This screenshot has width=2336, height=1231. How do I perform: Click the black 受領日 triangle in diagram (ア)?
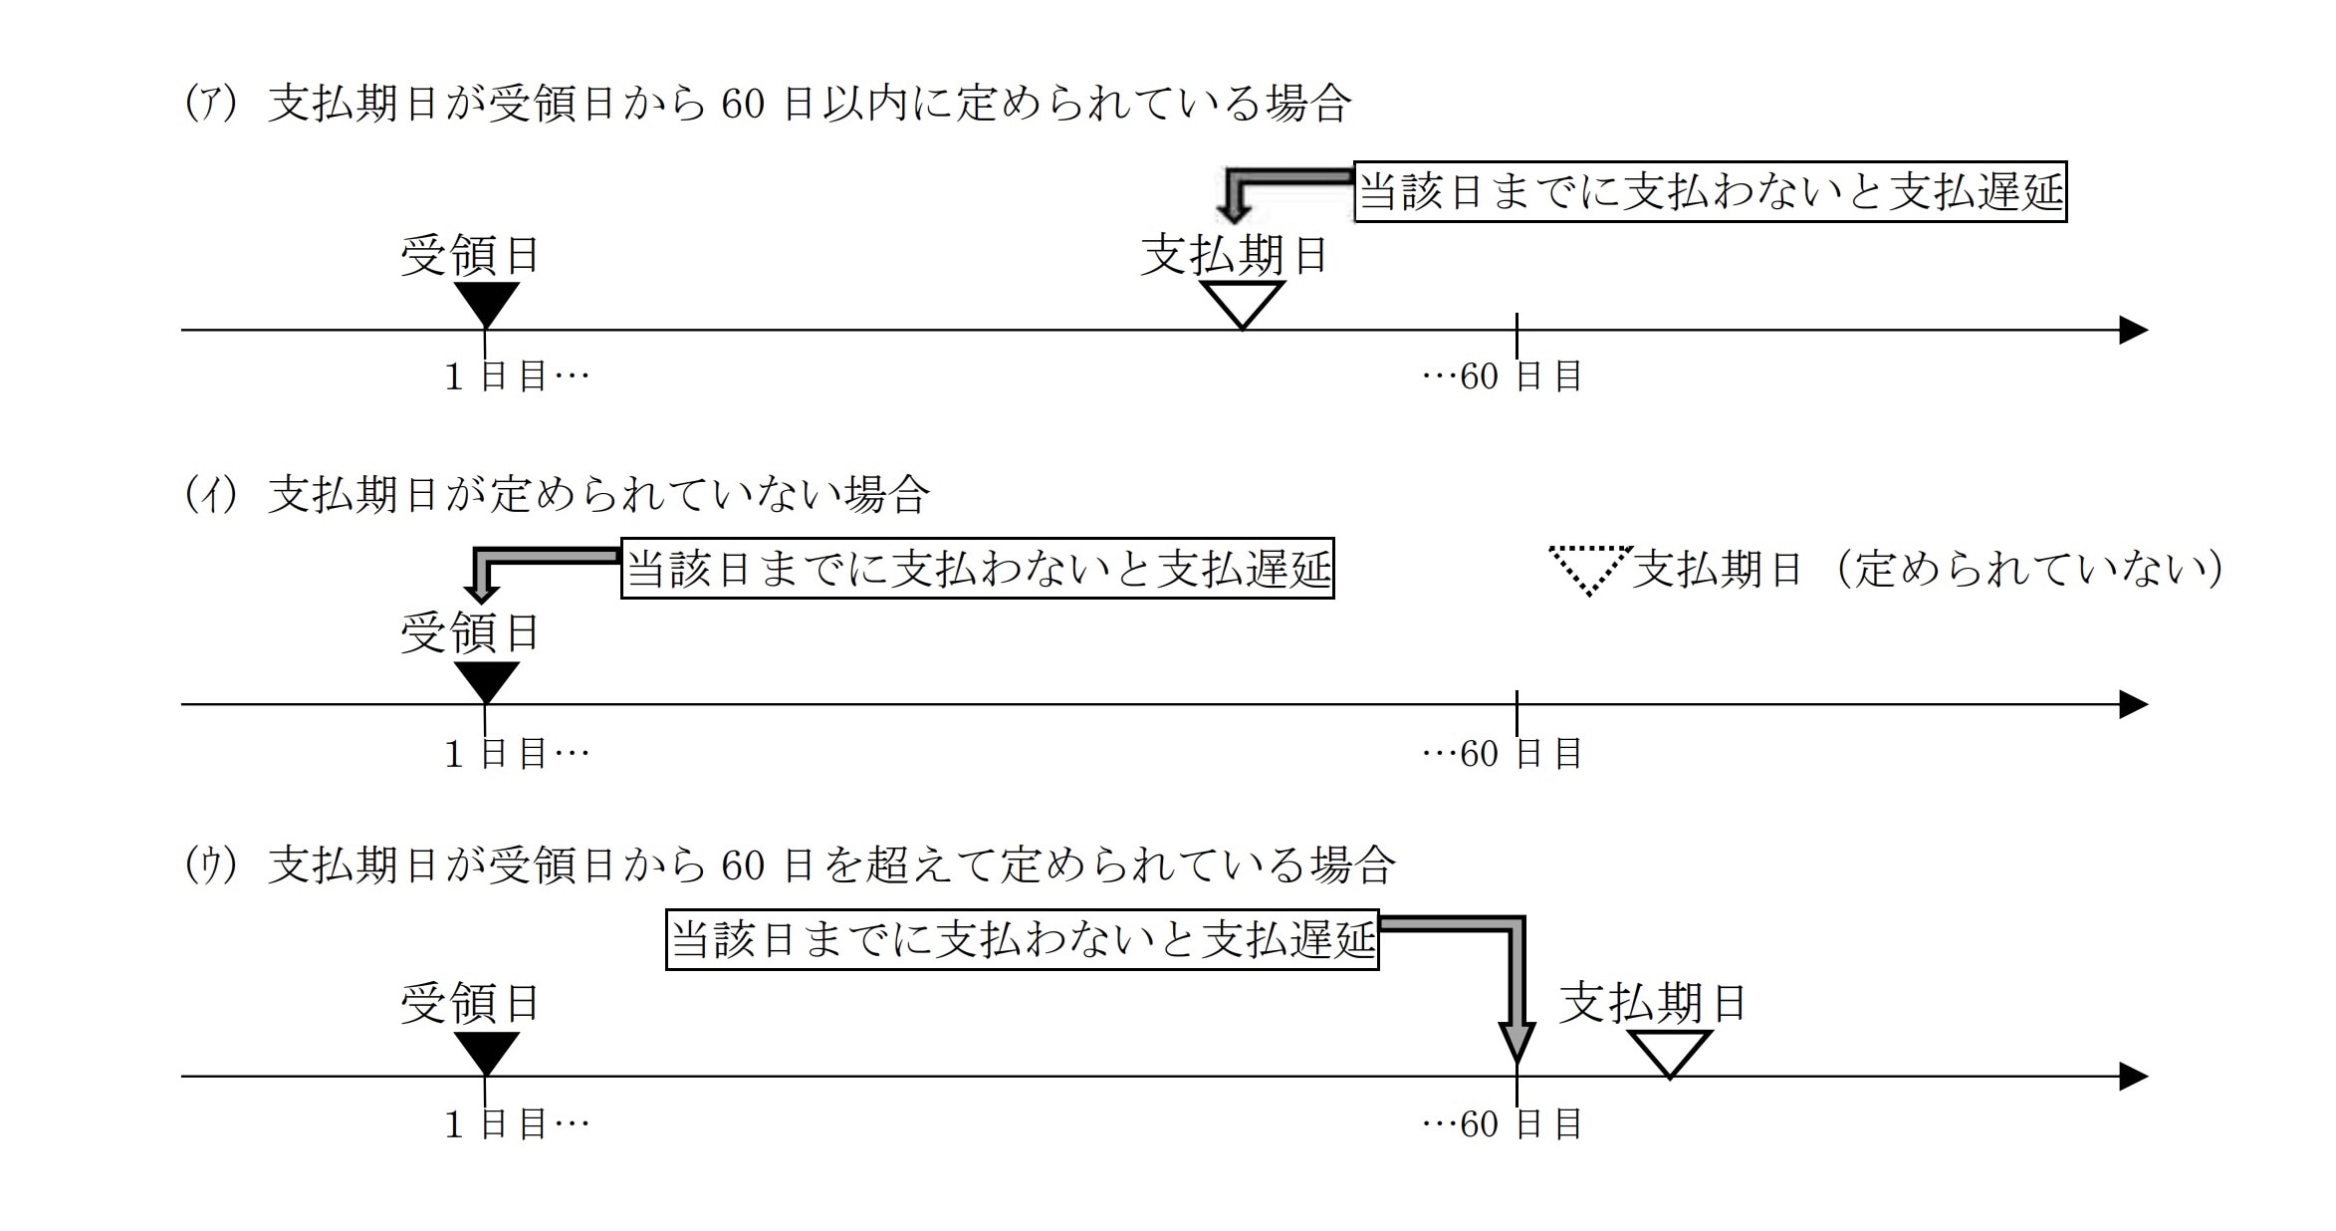(486, 301)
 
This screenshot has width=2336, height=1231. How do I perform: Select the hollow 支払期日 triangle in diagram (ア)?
(1242, 301)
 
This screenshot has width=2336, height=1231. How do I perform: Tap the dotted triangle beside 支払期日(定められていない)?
(1590, 567)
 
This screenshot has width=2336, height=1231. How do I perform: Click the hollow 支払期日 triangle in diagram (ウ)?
(1670, 1051)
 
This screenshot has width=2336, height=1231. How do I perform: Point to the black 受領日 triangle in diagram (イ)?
(486, 679)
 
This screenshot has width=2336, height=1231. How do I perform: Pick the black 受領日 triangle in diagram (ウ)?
(486, 1051)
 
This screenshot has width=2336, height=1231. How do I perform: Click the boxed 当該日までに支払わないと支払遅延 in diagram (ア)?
(1710, 191)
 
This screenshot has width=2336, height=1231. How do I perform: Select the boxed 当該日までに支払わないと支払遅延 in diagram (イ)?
(977, 570)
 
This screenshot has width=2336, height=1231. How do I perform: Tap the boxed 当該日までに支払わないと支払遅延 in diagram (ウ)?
(1022, 939)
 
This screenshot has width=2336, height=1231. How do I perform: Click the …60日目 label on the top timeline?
(1503, 376)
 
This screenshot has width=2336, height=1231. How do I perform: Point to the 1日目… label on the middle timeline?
(517, 754)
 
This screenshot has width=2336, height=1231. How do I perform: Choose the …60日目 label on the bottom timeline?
(1503, 1124)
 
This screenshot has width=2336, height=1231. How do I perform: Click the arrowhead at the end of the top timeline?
(2133, 330)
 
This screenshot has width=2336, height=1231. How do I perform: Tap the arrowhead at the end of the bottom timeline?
(2133, 1077)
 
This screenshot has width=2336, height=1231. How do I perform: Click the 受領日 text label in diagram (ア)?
(470, 256)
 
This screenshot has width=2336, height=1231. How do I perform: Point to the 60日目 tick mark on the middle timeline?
(1517, 704)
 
